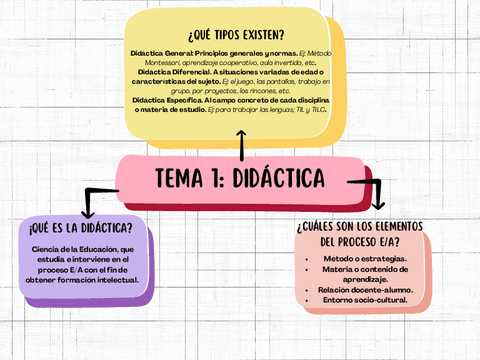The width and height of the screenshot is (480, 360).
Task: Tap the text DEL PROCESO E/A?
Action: point(361,242)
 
